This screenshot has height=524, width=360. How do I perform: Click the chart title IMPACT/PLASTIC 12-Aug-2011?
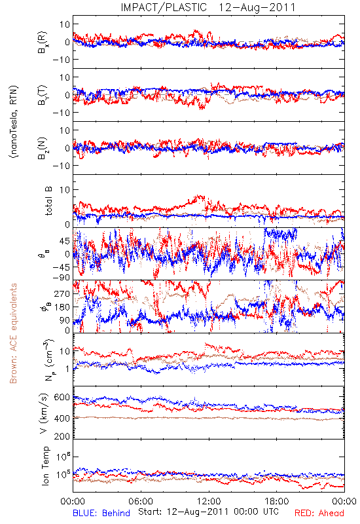coord(208,7)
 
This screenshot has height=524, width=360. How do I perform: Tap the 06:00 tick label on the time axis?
coord(141,501)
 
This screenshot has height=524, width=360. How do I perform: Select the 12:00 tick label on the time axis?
coord(209,501)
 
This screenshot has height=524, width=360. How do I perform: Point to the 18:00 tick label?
coord(277,501)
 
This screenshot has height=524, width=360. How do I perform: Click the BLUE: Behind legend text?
coord(101,513)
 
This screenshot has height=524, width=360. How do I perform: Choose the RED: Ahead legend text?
coord(319,513)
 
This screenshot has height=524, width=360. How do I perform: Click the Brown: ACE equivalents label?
coord(13,333)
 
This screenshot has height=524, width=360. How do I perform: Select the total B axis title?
coord(48,200)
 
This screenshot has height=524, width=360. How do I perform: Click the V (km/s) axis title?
coord(44,413)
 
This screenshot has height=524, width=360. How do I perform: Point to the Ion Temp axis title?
coord(45,466)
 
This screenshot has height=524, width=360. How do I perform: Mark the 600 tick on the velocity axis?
coord(62,397)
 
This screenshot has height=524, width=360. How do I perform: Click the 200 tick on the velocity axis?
coord(62,436)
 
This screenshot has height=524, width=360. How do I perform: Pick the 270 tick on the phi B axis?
coord(62,293)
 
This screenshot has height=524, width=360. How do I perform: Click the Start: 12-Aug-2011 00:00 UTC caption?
coord(208,512)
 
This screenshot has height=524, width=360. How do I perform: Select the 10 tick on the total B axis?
coord(65,190)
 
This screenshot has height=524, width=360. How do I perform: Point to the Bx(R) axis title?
coord(43,42)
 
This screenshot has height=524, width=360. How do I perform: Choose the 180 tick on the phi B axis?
coord(62,307)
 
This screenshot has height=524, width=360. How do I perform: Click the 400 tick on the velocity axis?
coord(62,419)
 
